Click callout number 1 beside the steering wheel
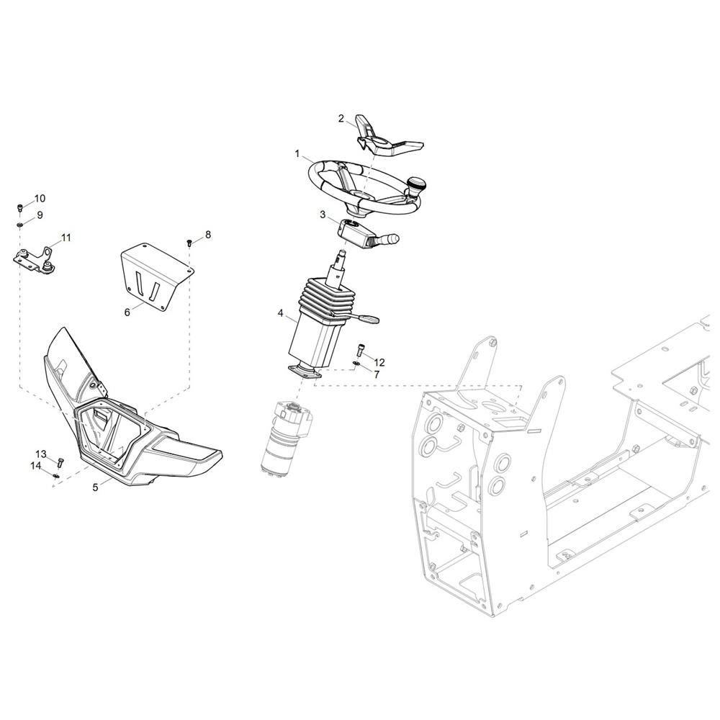(x=297, y=154)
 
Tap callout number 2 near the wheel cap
(x=341, y=119)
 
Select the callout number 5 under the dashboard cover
(x=96, y=487)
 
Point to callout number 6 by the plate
(x=127, y=312)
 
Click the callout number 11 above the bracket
(x=66, y=238)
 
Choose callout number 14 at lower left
(x=36, y=466)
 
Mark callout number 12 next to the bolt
(x=379, y=363)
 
